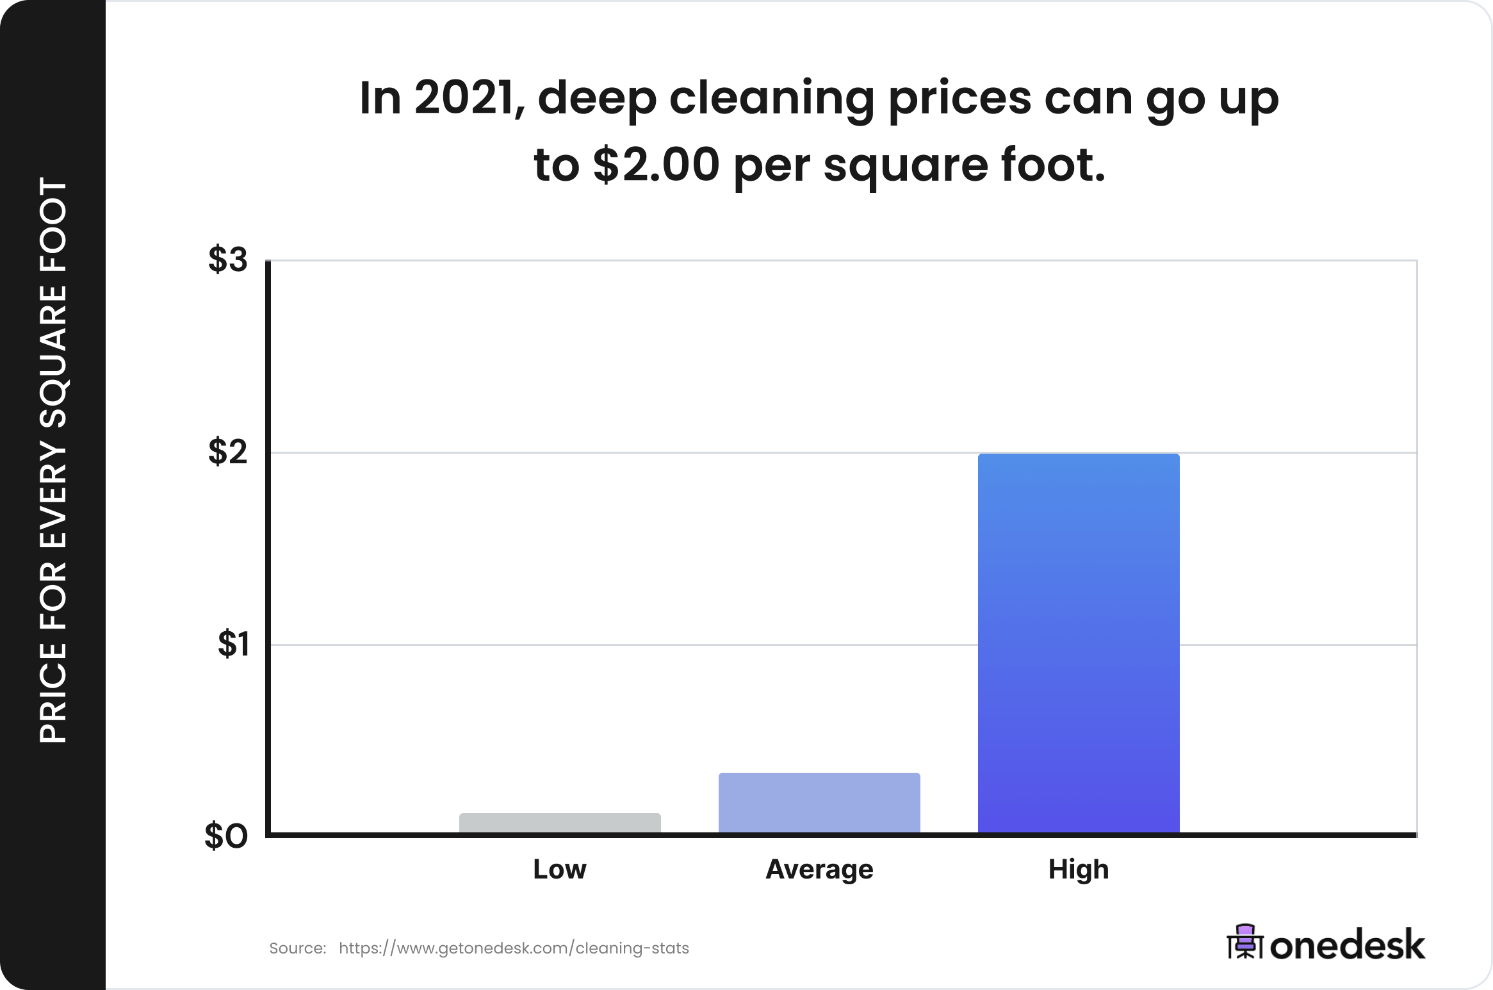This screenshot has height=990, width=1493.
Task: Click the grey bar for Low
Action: [560, 823]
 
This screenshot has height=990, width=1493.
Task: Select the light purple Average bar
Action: [819, 802]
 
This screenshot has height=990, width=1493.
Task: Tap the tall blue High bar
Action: [1079, 643]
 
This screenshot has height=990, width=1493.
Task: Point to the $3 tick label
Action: [227, 260]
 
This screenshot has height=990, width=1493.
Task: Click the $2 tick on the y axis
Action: [227, 452]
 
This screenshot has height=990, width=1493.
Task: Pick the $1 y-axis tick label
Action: [233, 644]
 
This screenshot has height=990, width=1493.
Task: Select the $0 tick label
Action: [226, 836]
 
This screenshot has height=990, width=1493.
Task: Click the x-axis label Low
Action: [560, 870]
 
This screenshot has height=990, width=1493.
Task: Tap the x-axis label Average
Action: [819, 870]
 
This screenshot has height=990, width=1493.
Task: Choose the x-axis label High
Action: [1079, 870]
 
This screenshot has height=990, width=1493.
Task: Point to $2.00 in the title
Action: [657, 165]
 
